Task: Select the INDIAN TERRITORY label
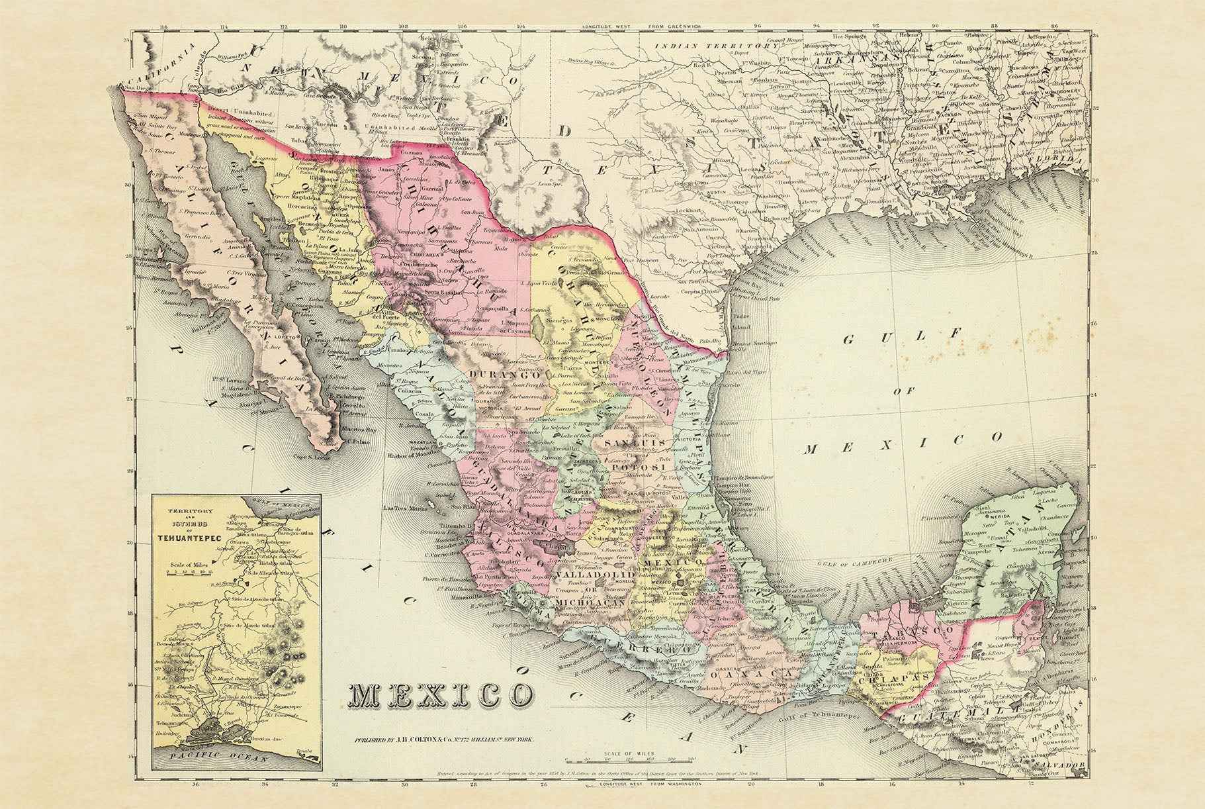(717, 46)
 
